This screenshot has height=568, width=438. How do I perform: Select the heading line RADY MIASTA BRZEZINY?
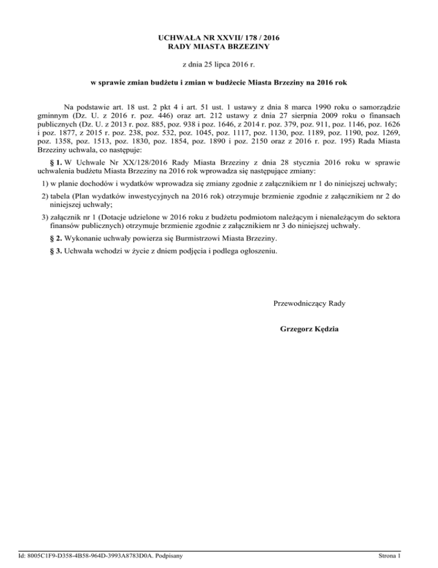[x=219, y=46]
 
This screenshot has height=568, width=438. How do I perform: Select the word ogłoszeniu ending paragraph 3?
[x=259, y=251]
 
